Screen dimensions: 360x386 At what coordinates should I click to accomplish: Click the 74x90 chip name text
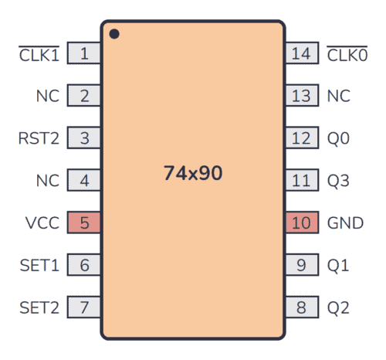coord(192,173)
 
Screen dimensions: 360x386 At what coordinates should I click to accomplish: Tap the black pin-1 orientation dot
coord(114,34)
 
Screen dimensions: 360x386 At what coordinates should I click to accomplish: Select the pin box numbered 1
coord(84,54)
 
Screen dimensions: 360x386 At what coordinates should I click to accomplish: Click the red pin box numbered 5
coord(84,223)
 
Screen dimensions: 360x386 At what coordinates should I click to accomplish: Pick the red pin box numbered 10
coord(301,223)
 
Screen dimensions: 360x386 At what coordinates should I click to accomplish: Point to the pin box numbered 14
coord(301,54)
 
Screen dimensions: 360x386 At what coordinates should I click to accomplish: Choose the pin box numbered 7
coord(84,307)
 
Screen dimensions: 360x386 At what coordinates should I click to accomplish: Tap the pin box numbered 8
coord(301,307)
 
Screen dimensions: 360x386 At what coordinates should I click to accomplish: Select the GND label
coord(344,223)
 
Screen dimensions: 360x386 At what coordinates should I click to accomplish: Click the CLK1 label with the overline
coord(39,54)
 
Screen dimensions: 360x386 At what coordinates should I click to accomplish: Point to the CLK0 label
coord(347,54)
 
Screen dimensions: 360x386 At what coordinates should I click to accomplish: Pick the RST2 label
coord(39,139)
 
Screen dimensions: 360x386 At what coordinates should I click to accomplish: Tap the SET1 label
coord(39,266)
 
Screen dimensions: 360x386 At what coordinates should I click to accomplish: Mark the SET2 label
coord(39,307)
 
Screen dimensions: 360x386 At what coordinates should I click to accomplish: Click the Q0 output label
coord(338,139)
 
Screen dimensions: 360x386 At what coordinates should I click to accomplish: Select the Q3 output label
coord(338,182)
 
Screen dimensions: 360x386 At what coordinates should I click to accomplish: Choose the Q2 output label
coord(338,307)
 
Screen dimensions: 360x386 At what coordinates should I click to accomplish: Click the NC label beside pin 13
coord(338,97)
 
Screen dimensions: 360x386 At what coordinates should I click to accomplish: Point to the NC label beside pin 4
coord(47,182)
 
